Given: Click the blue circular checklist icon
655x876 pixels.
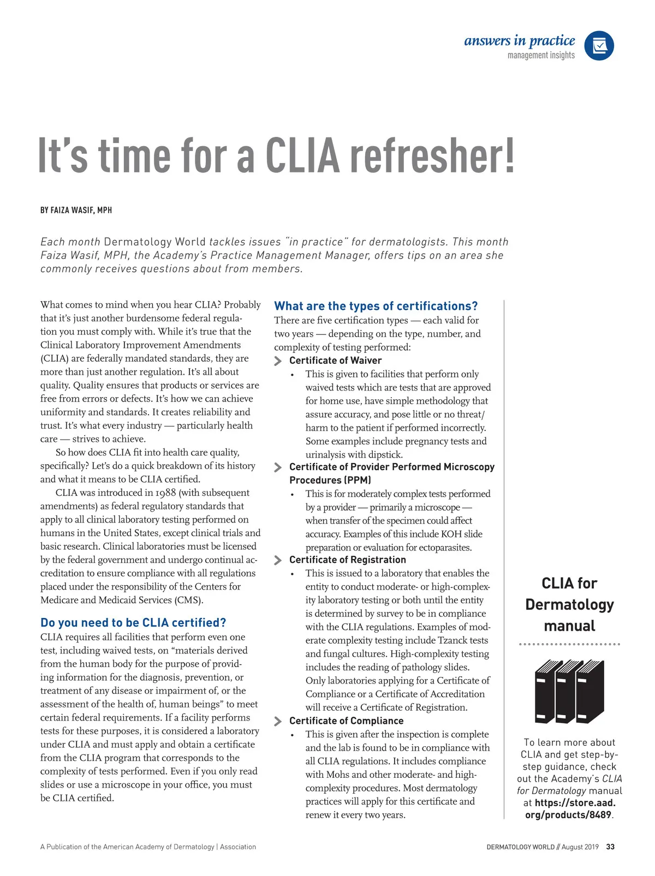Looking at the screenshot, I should point(599,46).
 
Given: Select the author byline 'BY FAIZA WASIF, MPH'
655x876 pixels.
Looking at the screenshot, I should point(76,210).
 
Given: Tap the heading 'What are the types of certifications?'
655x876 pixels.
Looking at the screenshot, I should point(376,306).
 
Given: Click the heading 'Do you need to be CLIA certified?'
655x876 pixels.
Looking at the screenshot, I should point(133,622).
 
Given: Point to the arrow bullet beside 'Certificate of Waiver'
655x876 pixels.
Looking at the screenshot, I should point(278,361).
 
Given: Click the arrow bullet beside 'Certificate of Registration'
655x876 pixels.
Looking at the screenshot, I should point(278,560).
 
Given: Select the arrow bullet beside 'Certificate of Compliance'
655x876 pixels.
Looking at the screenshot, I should point(278,721).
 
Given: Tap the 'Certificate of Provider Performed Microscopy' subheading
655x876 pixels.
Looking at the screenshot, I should point(391,467).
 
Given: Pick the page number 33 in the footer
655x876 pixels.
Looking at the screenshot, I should point(610,847).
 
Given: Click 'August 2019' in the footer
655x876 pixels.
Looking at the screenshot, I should point(580,847).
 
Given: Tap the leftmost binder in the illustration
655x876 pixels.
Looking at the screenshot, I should point(545,692).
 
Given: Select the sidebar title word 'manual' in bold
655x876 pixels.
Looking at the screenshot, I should point(569,626).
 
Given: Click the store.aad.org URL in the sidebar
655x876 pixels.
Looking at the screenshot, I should point(569,808).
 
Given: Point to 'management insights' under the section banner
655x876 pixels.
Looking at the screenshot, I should point(541,55).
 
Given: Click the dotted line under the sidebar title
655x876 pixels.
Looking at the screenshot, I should point(569,644).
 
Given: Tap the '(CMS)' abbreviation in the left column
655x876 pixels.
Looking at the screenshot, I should point(189,600).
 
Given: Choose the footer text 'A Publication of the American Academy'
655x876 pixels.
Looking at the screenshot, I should point(115,847).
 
